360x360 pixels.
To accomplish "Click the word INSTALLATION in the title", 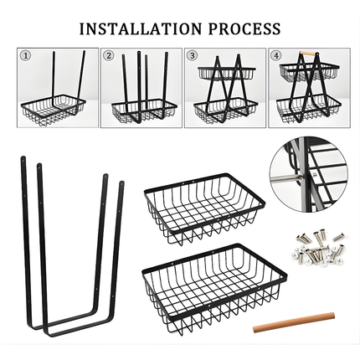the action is [x=141, y=28].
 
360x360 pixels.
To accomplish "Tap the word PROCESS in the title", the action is [x=244, y=28].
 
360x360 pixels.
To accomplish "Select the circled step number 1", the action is [x=25, y=56].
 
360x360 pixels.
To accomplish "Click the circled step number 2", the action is [x=109, y=56].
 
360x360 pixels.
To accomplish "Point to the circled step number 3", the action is [x=192, y=56].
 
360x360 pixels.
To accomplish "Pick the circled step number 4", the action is [x=275, y=56].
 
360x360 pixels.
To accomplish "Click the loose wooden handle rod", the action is [x=294, y=322].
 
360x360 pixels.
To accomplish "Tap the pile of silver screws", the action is [x=320, y=248].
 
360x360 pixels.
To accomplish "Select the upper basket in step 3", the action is [x=227, y=73].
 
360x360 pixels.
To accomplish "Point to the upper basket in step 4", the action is [x=309, y=72].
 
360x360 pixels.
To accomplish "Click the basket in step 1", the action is [x=53, y=110].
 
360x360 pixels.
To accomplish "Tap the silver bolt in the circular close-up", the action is [x=287, y=177].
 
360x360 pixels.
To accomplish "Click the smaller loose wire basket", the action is [x=204, y=208].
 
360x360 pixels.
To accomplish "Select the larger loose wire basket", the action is [x=214, y=289].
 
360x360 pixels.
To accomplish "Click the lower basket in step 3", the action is [x=225, y=111].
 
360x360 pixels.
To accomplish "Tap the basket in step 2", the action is [x=144, y=111].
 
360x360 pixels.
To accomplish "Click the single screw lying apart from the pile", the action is [x=338, y=236].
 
